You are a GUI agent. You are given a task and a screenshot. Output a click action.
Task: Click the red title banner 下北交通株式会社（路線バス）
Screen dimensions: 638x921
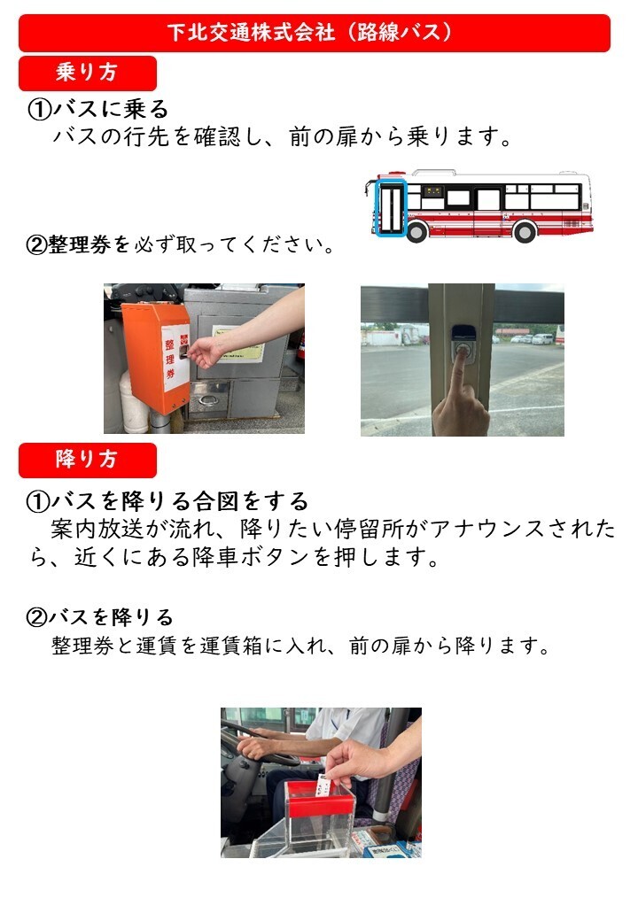pos(315,33)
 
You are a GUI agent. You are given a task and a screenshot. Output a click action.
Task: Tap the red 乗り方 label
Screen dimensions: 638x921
pos(88,73)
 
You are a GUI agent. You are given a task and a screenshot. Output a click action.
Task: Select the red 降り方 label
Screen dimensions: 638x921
pos(88,460)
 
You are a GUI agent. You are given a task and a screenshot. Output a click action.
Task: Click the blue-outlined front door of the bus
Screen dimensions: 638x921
pos(391,208)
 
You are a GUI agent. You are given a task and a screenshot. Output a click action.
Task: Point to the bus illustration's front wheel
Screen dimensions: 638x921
pos(417,231)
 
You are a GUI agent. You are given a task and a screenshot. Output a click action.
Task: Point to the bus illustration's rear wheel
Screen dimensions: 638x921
pos(524,231)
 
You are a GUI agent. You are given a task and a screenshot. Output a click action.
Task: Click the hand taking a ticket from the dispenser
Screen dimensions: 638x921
pos(203,353)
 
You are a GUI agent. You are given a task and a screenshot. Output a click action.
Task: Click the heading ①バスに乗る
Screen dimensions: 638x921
pos(98,109)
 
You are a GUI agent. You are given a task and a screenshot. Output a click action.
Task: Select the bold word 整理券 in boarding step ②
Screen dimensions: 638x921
pos(80,244)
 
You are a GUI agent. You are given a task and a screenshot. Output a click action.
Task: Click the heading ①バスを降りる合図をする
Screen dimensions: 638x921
pos(167,501)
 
